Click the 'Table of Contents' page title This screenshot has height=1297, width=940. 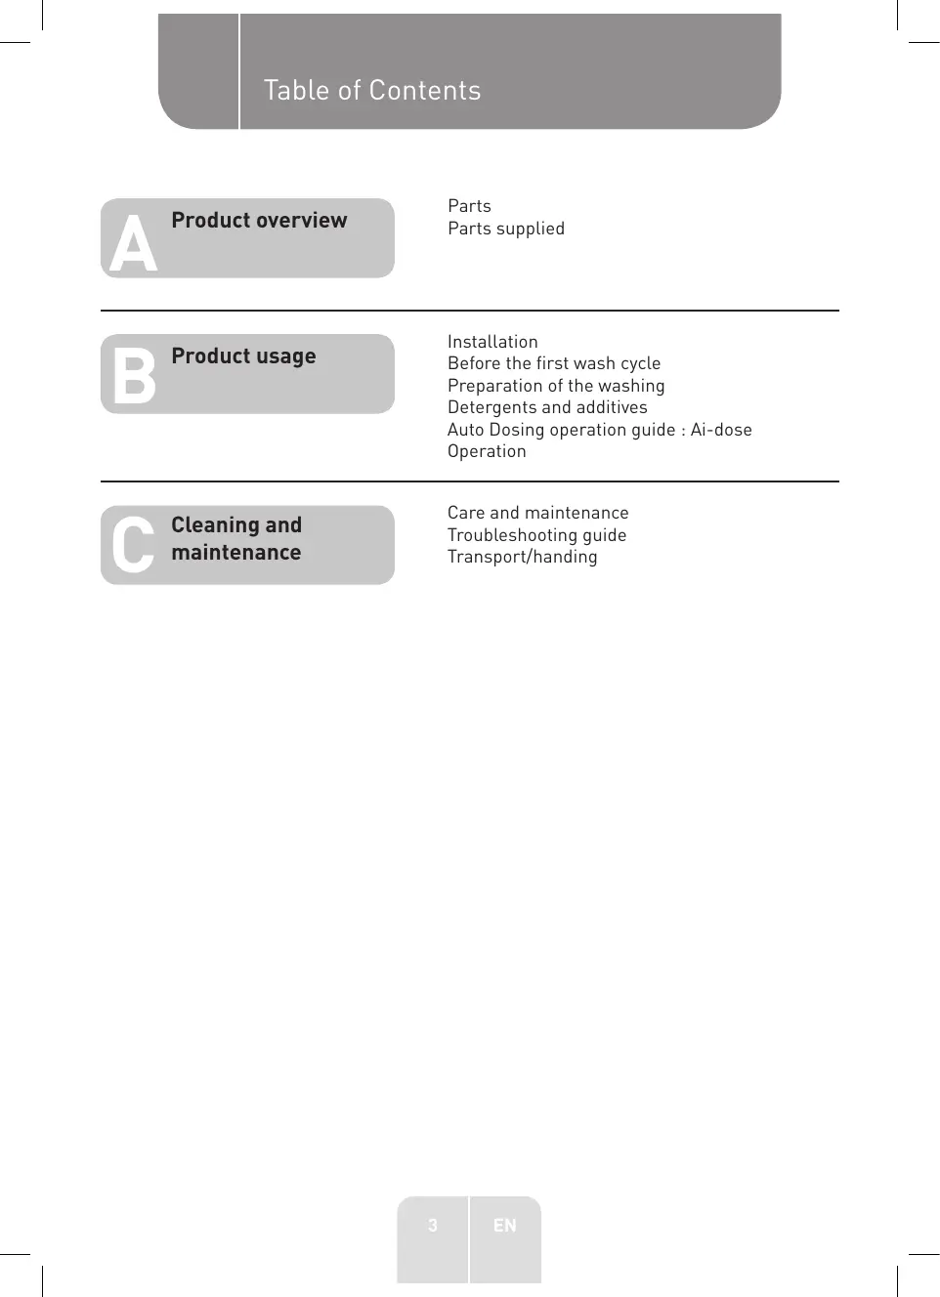coord(372,91)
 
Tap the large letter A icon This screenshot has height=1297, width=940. coord(133,244)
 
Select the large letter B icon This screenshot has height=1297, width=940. coord(134,376)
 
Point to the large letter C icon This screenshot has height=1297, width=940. coord(133,545)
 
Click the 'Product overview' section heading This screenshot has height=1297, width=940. coord(259,221)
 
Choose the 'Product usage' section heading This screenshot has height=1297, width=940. coord(243,356)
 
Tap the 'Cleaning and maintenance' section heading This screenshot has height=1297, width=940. coord(236,539)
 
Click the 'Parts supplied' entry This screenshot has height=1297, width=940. coord(506,229)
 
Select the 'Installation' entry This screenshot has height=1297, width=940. coord(492,342)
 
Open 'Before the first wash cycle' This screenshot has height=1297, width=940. coord(554,363)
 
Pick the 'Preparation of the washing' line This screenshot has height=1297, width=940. coord(556,386)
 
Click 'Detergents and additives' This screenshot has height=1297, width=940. coord(547,407)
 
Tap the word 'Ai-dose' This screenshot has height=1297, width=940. coord(721,430)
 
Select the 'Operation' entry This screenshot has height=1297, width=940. coord(487,451)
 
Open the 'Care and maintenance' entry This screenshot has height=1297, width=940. coord(538,513)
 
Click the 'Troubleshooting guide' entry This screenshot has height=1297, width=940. coord(536,535)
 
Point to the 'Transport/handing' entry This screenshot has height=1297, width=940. coord(522,557)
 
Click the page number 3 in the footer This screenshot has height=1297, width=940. coord(433,1226)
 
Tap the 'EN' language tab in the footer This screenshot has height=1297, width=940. coord(504,1226)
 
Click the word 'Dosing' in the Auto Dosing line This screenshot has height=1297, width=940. coord(517,430)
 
